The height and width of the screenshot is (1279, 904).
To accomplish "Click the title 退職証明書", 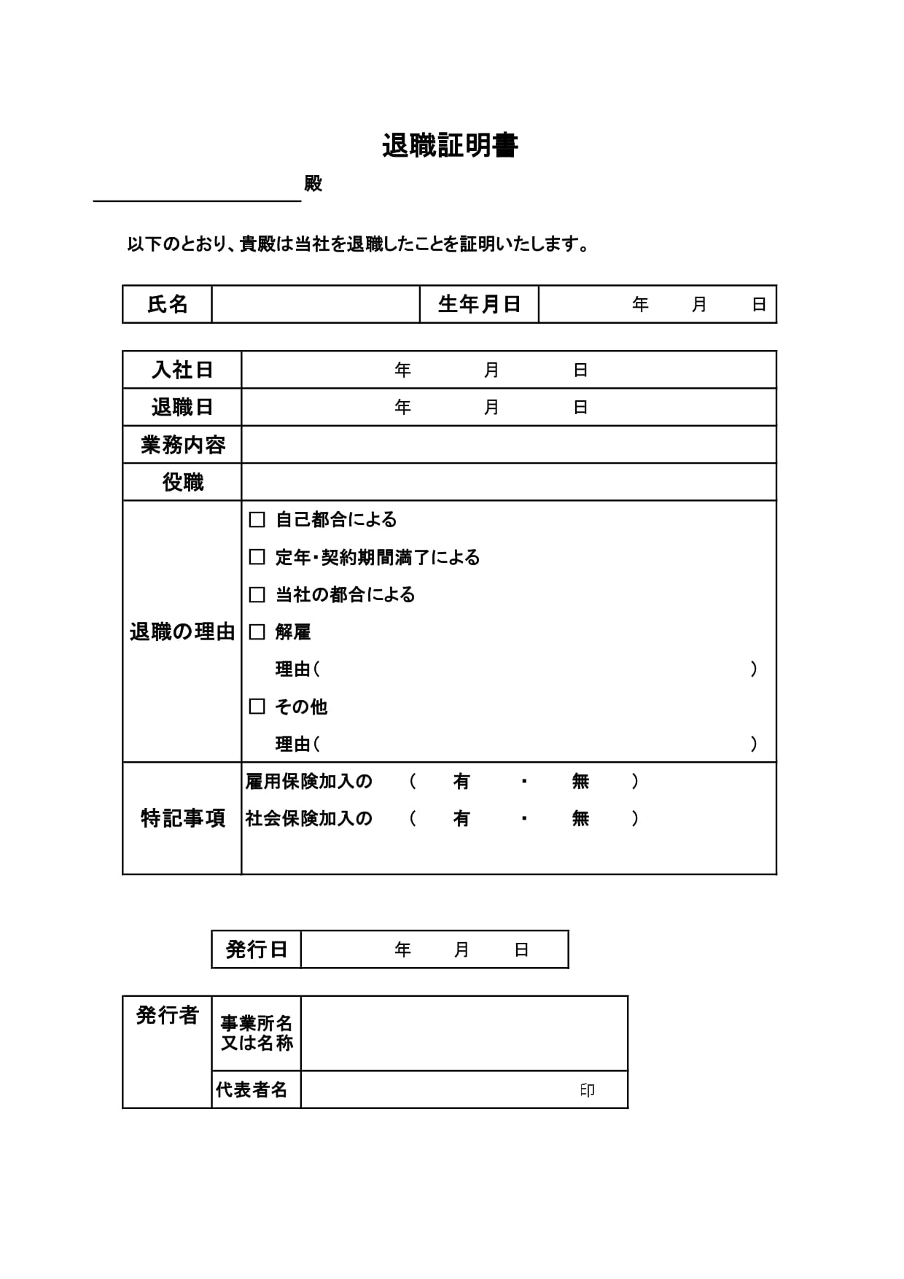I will pos(450,146).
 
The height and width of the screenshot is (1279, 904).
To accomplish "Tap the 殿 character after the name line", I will pos(313,184).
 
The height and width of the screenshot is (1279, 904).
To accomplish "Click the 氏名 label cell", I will pos(168,304).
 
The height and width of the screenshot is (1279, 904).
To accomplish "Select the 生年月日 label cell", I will pos(479,304).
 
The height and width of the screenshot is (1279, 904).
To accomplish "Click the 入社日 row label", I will pos(182,370).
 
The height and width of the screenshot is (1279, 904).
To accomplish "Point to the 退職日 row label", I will pos(182,407).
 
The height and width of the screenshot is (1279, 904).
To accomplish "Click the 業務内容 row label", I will pos(182,445).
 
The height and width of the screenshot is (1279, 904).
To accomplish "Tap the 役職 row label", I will pos(182,482).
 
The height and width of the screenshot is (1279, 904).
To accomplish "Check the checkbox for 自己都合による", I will pos(257,520).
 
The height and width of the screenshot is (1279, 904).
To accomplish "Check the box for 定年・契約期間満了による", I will pos(257,557).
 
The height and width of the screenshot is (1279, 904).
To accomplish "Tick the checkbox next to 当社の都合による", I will pos(257,594).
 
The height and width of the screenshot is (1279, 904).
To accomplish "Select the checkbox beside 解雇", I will pos(257,632).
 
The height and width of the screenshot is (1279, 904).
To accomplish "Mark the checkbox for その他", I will pos(257,707).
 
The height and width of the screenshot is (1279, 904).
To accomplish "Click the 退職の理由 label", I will pos(182,631).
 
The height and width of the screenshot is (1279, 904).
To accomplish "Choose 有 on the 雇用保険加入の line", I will pos(461,782).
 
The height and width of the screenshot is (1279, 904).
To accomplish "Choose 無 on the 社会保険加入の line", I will pos(580,819).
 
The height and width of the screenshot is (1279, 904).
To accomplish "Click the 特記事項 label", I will pos(182,818).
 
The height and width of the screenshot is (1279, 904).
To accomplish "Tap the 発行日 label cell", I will pos(256,949).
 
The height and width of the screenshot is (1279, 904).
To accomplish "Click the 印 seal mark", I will pos(588,1090).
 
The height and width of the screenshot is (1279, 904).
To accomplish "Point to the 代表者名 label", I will pos(252,1090).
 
